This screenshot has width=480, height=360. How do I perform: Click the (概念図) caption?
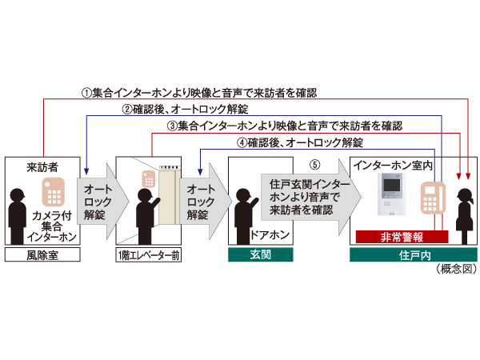pyautogui.click(x=456, y=270)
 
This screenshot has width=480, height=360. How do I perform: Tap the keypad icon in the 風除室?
pyautogui.click(x=54, y=191)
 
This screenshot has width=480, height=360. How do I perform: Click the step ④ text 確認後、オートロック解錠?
pyautogui.click(x=299, y=143)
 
